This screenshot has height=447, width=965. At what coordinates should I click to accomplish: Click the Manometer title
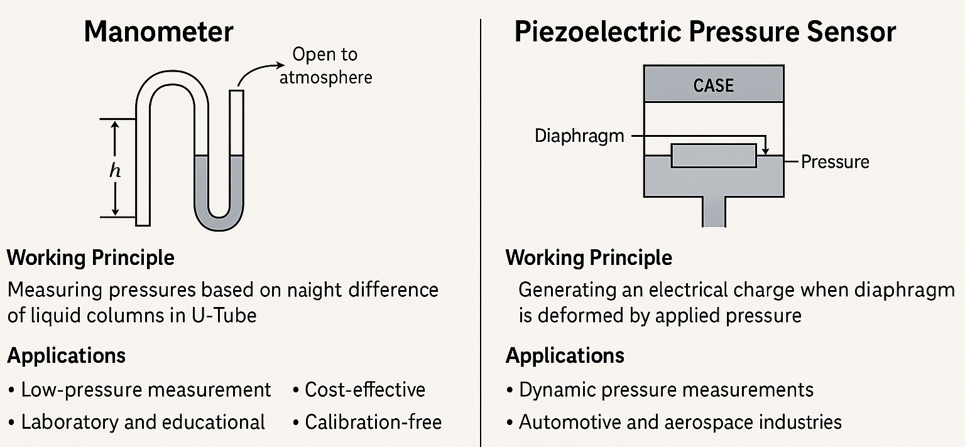point(158,32)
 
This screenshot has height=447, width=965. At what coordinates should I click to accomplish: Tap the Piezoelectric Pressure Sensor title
point(705,32)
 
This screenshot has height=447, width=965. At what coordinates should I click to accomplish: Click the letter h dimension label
point(115,171)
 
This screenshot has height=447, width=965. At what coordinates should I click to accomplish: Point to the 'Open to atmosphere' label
point(325,65)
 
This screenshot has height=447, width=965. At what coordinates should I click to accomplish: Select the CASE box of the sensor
point(713,85)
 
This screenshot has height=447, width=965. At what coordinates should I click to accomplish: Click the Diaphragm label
point(579,136)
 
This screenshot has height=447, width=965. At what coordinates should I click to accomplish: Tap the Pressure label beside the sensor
point(835,162)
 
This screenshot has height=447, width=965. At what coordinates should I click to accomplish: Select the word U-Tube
point(223,315)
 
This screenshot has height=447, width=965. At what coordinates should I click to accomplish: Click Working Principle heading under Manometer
point(91,257)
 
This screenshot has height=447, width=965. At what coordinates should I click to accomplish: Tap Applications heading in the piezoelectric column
point(565,356)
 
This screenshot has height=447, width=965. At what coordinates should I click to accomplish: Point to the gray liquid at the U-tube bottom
point(219,217)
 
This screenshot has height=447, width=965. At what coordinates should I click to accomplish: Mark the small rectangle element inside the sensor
point(713,156)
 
